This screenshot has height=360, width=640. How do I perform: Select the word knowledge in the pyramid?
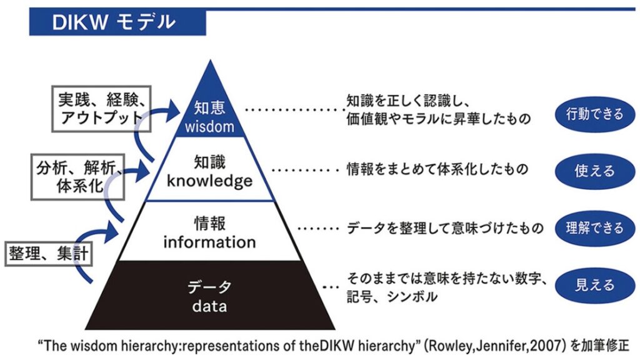pyautogui.click(x=209, y=181)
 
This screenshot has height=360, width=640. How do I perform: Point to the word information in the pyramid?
pyautogui.click(x=209, y=241)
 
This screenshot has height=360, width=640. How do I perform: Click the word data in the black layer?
pyautogui.click(x=209, y=307)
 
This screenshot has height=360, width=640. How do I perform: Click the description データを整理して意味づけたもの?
pyautogui.click(x=445, y=229)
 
